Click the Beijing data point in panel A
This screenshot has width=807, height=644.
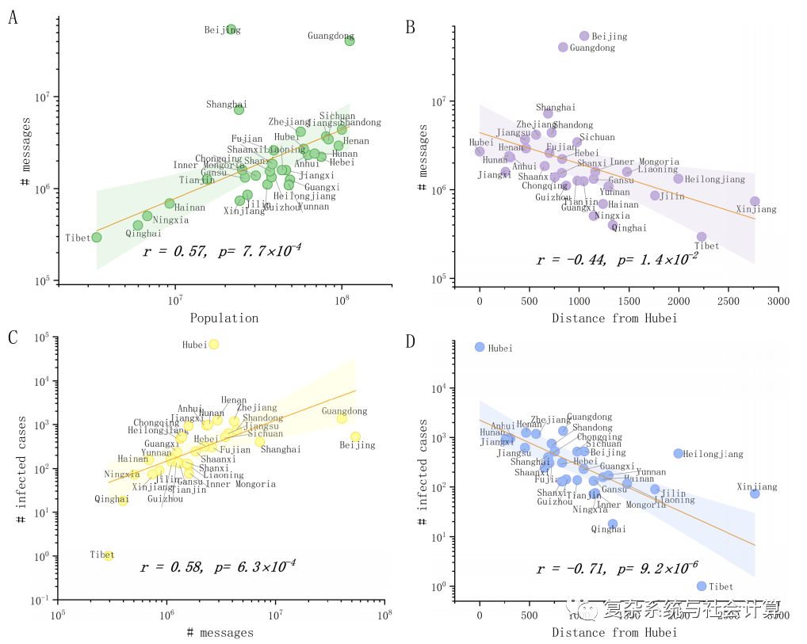point(231,29)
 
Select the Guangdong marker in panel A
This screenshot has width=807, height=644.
point(350,40)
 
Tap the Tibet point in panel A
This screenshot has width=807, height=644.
point(96,237)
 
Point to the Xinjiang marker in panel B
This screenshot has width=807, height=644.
point(755,201)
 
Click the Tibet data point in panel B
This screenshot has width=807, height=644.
point(702,237)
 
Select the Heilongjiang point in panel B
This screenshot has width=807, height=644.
point(679,179)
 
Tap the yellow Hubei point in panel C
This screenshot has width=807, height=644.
point(213,345)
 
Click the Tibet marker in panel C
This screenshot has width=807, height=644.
point(109,555)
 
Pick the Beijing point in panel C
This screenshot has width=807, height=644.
point(355,436)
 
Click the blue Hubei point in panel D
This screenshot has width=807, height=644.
point(480,347)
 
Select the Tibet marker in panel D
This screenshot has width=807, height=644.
point(702,586)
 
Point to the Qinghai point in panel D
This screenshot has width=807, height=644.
point(613,524)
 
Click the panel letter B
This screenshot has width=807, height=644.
point(411,27)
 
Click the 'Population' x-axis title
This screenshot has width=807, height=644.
point(224,318)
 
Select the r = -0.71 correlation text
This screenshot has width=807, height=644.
point(571,569)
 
